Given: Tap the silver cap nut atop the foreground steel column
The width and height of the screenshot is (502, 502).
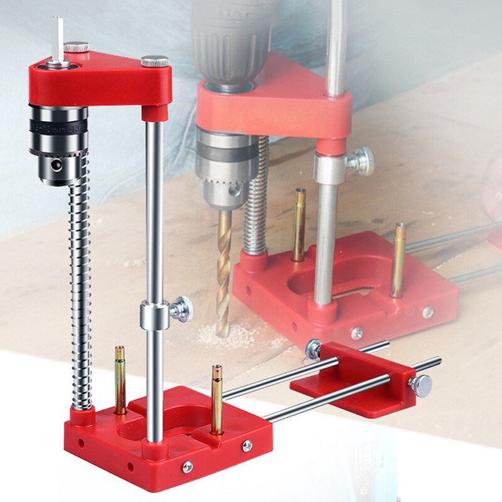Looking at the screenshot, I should (154, 61).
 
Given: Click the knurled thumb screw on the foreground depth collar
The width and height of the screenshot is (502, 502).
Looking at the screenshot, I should (183, 309).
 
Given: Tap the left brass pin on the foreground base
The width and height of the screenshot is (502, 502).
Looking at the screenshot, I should (119, 380).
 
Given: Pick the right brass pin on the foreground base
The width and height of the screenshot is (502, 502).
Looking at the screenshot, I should (216, 398).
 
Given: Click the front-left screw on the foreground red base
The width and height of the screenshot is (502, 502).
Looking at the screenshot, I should (187, 466).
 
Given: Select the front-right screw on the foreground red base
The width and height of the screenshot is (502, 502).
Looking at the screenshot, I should (247, 445).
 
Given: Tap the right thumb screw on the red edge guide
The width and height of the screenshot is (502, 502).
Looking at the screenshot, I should (421, 386).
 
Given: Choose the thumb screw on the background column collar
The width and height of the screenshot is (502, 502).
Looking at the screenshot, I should (361, 162).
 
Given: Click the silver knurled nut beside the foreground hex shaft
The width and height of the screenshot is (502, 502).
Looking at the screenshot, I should (76, 47).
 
